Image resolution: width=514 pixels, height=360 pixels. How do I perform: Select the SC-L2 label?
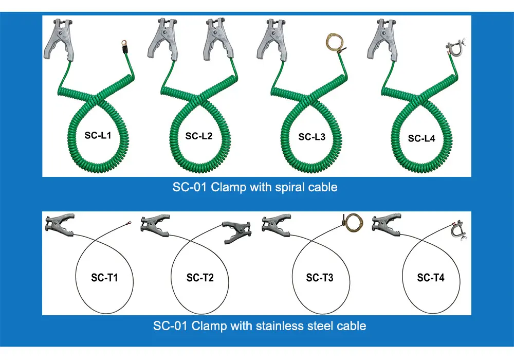[x=199, y=136]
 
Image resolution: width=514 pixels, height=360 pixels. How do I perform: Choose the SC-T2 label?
[x=200, y=278]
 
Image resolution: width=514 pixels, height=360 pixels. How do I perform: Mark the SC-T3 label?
[x=320, y=278]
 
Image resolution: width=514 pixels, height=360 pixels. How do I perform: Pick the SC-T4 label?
[x=431, y=278]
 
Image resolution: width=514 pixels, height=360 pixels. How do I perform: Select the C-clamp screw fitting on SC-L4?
[x=454, y=50]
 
